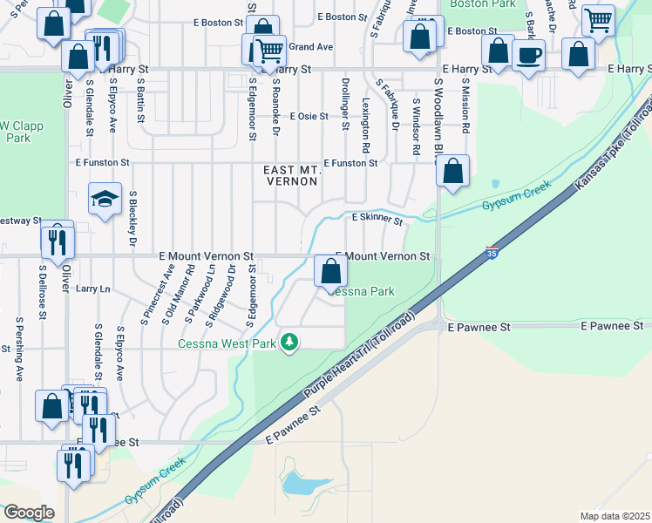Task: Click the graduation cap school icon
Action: point(105,200)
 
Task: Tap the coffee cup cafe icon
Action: point(528,56)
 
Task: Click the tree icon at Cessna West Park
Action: point(290,343)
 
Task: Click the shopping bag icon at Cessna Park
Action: point(330,272)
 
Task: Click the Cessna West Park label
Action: point(226,344)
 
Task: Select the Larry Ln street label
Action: point(93,288)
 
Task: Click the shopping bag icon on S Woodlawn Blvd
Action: point(453,172)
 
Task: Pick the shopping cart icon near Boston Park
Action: point(598,18)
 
